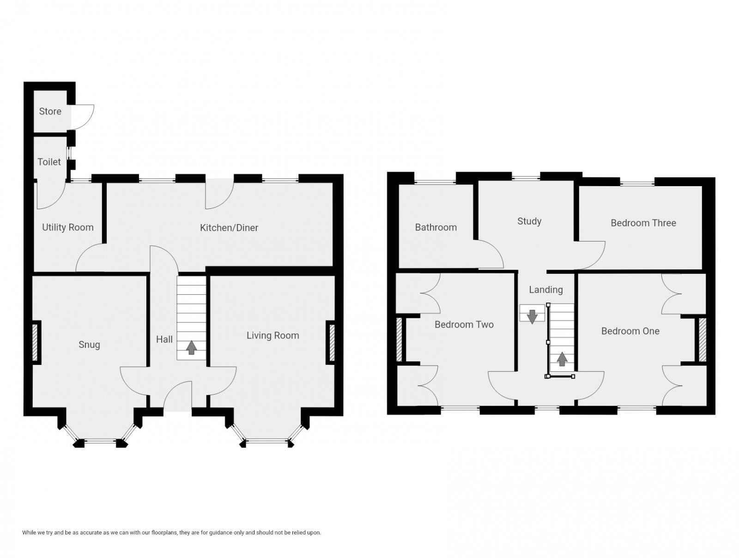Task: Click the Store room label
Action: coord(50,111)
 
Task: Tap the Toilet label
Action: coord(49,162)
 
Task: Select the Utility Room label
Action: coord(67,227)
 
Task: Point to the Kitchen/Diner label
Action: coord(229,228)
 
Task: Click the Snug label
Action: coord(89,345)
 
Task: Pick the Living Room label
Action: coord(273,336)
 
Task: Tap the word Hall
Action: coord(164,340)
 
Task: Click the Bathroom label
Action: coord(436,227)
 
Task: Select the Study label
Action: coord(529,221)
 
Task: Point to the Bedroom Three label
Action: coord(643,223)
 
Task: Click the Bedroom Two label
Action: coord(464,325)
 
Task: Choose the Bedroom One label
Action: coord(630,331)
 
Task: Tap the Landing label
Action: coord(545,290)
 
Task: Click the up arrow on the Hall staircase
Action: coord(191,347)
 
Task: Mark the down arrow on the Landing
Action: coord(532,316)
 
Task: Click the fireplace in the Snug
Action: coord(35,342)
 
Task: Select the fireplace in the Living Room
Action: coord(331,342)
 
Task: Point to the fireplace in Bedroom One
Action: coord(702,340)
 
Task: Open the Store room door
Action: coord(83,116)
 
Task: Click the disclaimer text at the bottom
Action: coord(171,533)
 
